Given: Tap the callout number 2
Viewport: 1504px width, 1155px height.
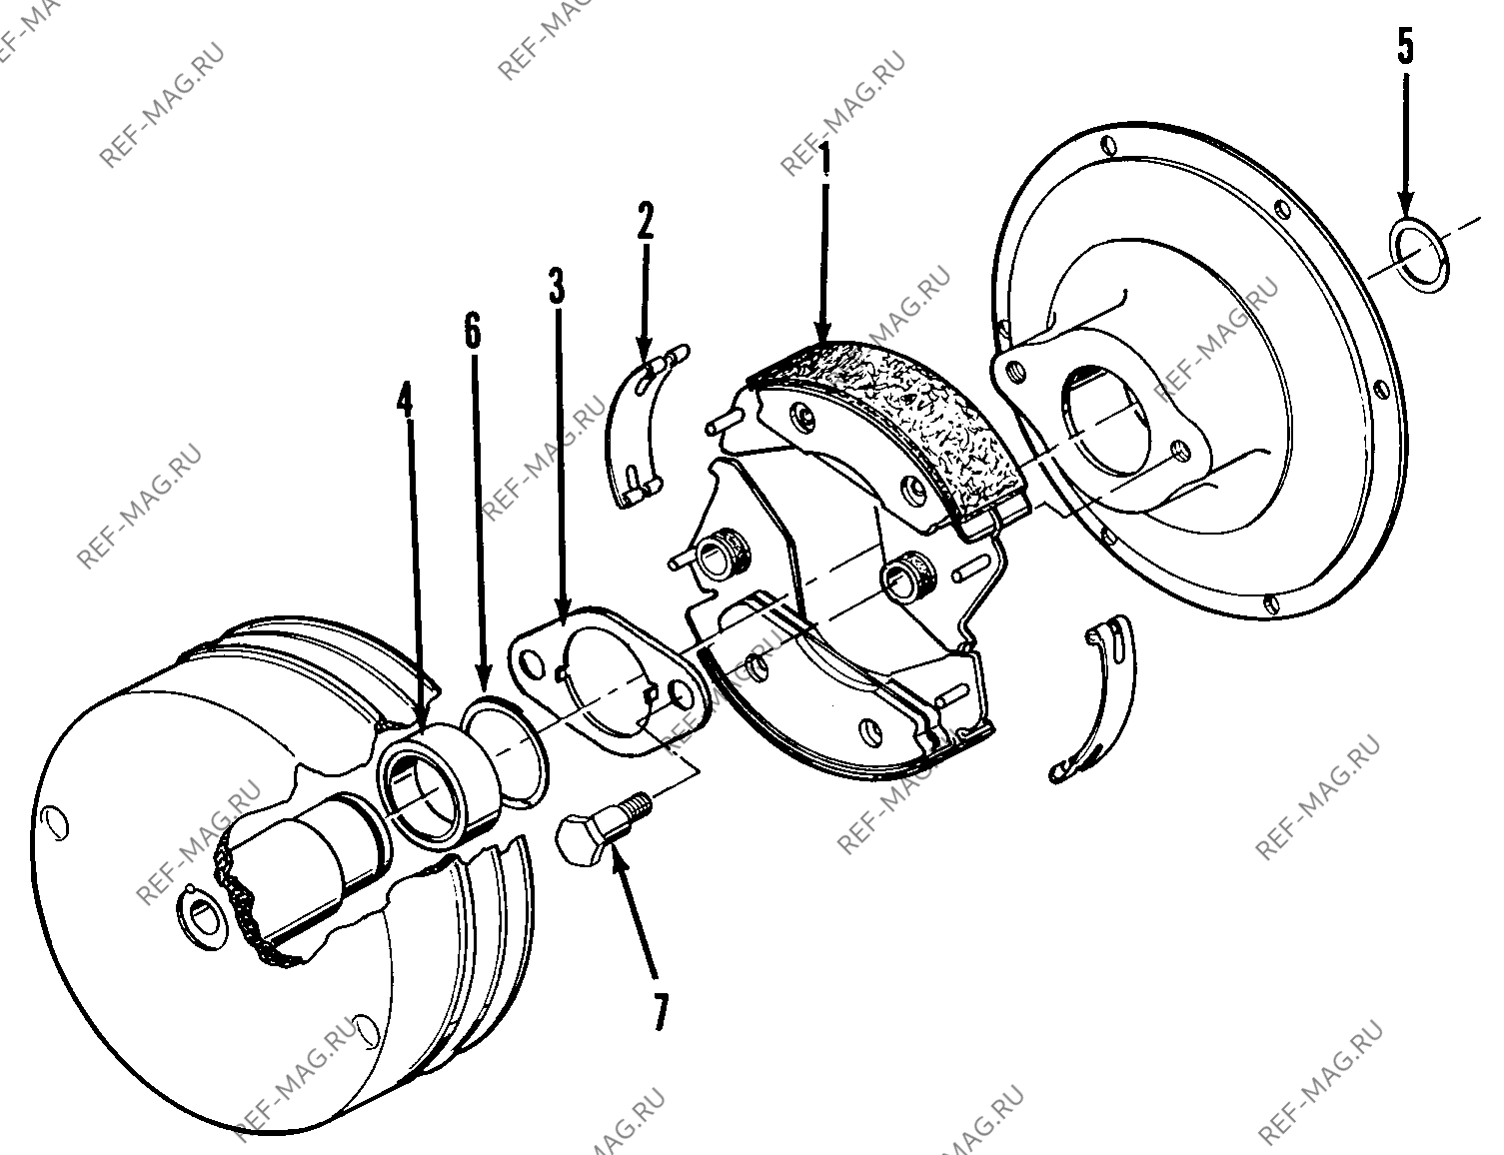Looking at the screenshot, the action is click(645, 220).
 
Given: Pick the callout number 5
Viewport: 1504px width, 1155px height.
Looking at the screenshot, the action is click(1405, 46).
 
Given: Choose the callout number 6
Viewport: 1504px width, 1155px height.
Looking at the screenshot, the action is click(473, 330).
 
